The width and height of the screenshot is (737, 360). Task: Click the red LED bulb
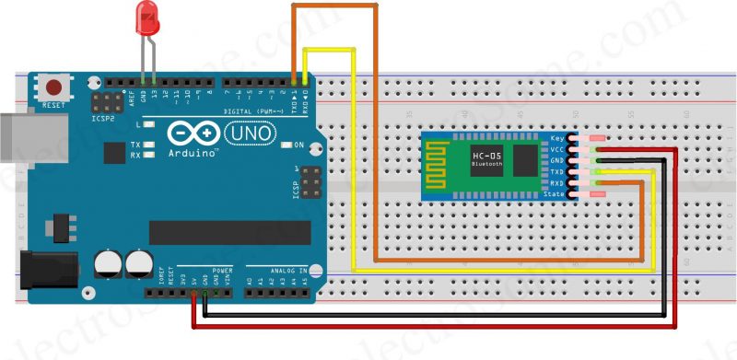tap(146, 17)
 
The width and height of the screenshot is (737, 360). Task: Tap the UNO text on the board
tap(248, 134)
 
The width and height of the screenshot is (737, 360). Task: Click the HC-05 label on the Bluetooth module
tap(488, 156)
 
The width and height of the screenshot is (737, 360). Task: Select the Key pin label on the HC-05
tap(557, 138)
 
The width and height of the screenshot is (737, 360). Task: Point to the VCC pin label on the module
tap(557, 149)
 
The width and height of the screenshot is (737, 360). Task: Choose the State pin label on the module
tap(555, 194)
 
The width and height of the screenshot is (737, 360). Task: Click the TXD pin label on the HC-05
tap(557, 171)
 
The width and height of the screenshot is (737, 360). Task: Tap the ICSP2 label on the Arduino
tap(103, 118)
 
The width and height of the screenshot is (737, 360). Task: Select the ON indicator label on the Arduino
tap(298, 145)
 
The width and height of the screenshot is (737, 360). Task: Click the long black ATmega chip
tap(229, 233)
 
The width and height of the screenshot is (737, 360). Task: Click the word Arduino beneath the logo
tap(193, 154)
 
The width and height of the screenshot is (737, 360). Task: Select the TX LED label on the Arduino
tap(135, 145)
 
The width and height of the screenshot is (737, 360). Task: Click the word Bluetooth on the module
tap(488, 166)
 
